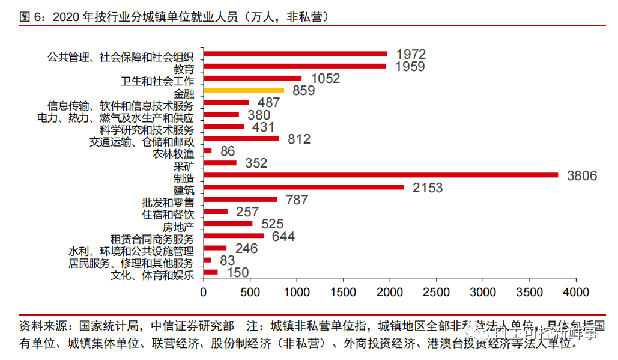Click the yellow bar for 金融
click(x=243, y=90)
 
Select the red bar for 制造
click(x=381, y=175)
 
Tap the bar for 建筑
click(x=304, y=187)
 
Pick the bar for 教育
click(x=295, y=66)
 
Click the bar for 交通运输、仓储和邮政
click(x=241, y=139)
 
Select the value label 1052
click(x=326, y=79)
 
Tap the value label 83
click(x=227, y=260)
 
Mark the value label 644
click(x=283, y=236)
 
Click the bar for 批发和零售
click(x=240, y=200)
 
